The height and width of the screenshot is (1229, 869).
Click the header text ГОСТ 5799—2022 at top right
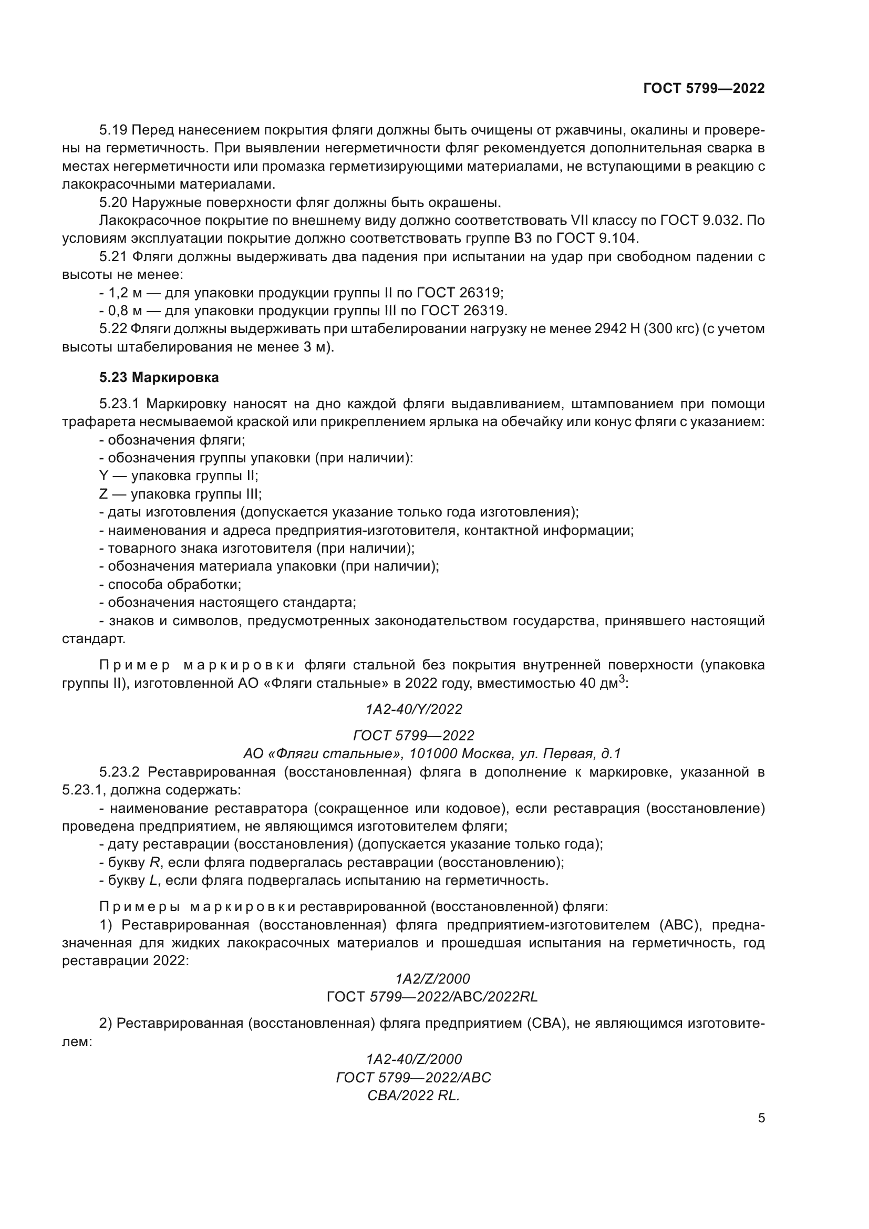[x=704, y=88]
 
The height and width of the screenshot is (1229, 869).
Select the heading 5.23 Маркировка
[x=159, y=377]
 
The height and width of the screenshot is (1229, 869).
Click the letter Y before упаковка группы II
[x=104, y=476]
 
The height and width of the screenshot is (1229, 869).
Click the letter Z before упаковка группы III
[x=104, y=493]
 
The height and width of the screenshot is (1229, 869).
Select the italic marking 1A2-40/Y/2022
[x=413, y=709]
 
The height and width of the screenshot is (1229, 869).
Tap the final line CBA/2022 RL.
[x=413, y=1096]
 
